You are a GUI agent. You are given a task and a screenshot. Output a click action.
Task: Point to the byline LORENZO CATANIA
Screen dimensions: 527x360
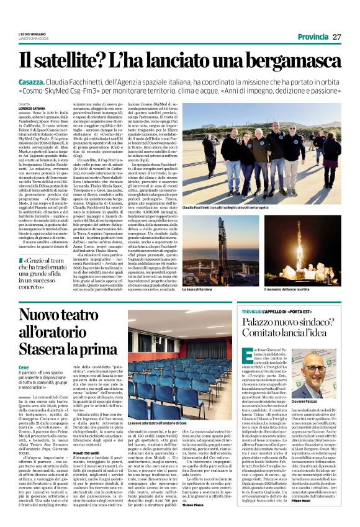coord(32,108)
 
